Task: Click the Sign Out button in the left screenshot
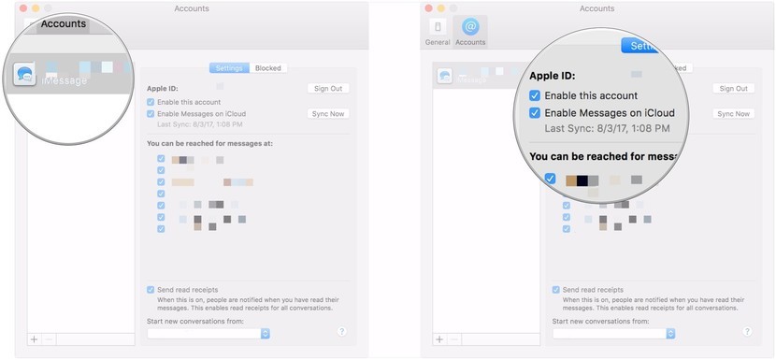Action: [x=327, y=88]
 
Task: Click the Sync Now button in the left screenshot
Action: [x=327, y=113]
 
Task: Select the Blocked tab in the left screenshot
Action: [x=268, y=68]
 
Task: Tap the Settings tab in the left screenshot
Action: [x=229, y=68]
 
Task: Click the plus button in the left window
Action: [x=35, y=339]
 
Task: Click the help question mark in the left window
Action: [x=341, y=331]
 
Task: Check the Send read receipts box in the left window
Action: [x=151, y=290]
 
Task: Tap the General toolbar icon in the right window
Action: [x=438, y=31]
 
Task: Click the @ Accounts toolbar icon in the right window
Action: [x=470, y=31]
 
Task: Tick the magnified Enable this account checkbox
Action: [x=535, y=95]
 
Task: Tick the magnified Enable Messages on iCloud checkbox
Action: [x=535, y=113]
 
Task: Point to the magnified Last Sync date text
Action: [x=607, y=128]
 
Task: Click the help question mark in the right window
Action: [x=746, y=331]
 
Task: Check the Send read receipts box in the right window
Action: [x=556, y=290]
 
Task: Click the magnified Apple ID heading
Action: [x=553, y=77]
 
